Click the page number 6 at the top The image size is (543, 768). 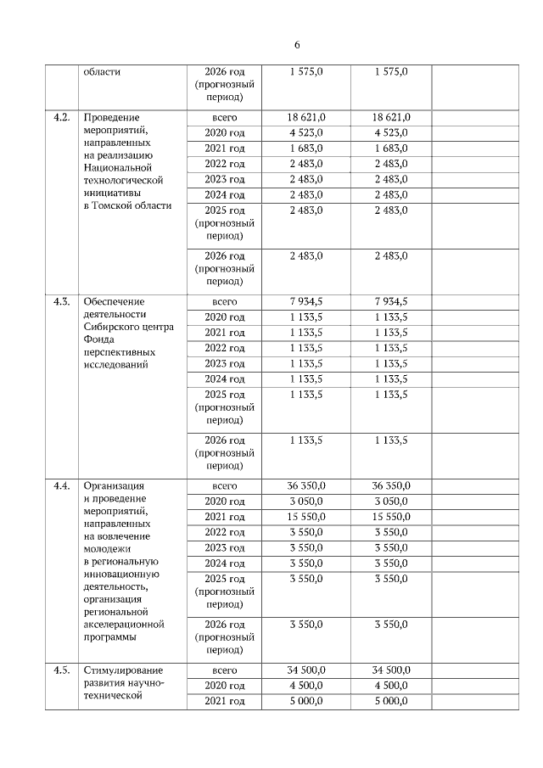pos(297,45)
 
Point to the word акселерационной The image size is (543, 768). pos(123,624)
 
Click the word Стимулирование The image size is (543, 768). pos(122,670)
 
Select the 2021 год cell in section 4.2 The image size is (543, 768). pos(225,149)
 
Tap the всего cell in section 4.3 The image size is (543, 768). pos(225,302)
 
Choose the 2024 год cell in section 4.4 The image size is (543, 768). pos(225,563)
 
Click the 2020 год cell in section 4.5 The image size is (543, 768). pos(225,686)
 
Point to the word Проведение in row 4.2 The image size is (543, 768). pos(110,117)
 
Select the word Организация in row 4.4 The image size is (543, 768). pos(112,486)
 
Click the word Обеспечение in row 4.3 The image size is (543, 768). pos(114,302)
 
